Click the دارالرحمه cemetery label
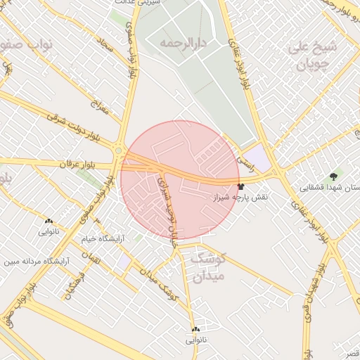pyautogui.click(x=176, y=43)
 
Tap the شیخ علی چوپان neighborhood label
pyautogui.click(x=313, y=57)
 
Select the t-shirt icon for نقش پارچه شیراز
pyautogui.click(x=242, y=186)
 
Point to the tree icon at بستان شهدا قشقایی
pyautogui.click(x=333, y=175)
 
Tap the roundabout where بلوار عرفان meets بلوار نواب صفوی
pyautogui.click(x=119, y=149)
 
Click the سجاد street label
pyautogui.click(x=105, y=46)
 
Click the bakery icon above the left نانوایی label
pyautogui.click(x=48, y=221)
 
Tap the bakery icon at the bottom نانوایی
pyautogui.click(x=195, y=329)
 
